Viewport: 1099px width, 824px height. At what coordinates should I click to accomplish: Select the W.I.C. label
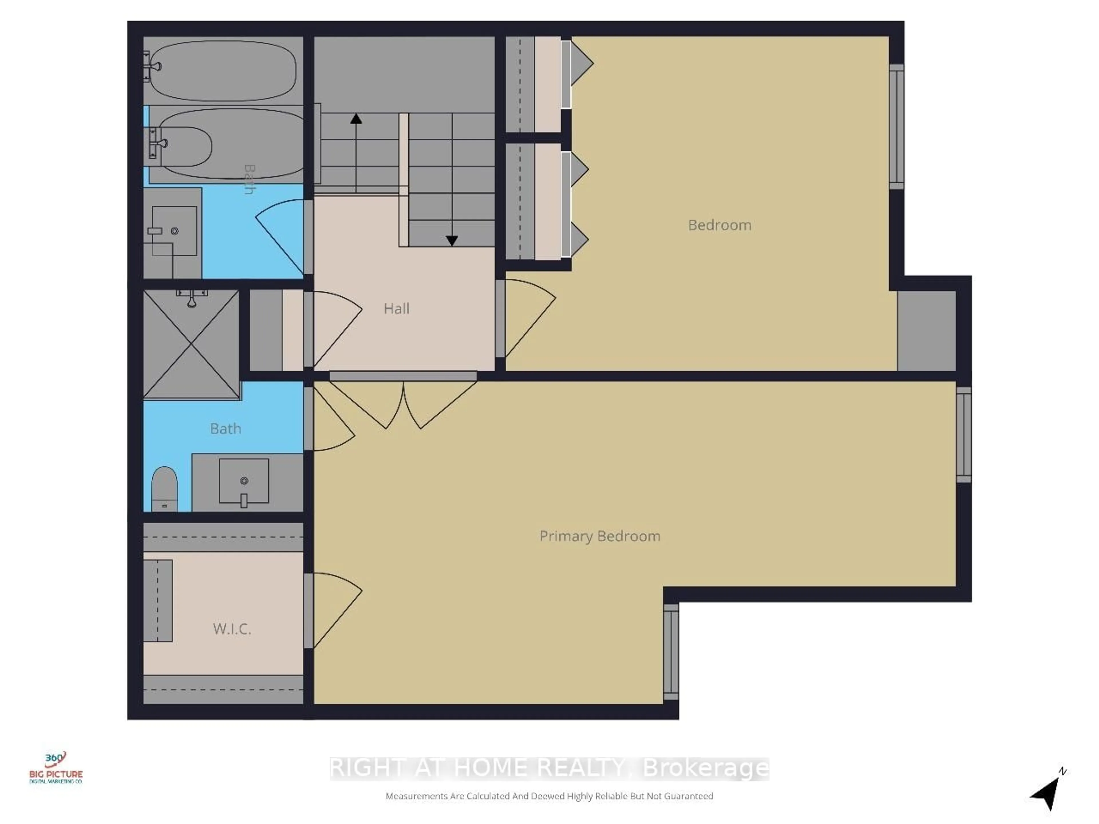click(232, 629)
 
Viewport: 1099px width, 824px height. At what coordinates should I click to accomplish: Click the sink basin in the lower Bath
click(244, 481)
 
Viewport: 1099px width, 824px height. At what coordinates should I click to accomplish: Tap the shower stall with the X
click(191, 344)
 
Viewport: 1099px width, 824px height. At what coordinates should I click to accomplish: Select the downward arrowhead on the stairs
click(452, 241)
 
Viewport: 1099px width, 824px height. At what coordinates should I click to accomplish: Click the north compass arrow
click(1047, 793)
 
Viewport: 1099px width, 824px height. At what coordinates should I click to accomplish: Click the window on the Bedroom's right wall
click(896, 127)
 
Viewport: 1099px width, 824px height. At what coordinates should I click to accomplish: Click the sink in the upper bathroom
click(174, 231)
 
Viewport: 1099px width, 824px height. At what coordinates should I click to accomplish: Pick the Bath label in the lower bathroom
click(226, 429)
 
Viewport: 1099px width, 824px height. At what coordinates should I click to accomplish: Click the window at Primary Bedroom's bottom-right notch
click(671, 652)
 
